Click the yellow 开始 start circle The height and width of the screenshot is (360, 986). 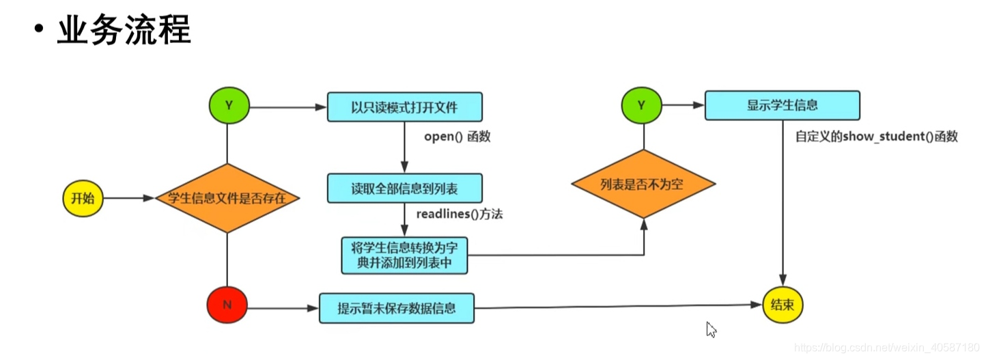83,198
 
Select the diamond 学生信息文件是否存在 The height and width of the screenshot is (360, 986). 226,198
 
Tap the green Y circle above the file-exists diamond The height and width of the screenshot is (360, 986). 229,106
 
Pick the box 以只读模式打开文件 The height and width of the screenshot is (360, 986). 405,107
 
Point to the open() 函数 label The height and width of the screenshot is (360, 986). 457,137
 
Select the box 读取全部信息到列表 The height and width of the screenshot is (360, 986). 405,189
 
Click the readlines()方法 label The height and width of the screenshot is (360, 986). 460,214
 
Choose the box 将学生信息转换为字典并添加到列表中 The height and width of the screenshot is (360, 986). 404,255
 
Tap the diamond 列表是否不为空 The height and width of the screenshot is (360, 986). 642,184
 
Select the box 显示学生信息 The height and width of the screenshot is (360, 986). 782,106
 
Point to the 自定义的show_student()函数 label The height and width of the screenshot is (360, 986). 876,137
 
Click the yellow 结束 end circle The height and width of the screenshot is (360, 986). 783,305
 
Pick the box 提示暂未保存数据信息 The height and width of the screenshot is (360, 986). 396,308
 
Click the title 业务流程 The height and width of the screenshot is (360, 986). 123,31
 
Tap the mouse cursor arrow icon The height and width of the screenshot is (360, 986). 712,330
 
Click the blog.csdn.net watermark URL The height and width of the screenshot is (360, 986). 888,349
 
